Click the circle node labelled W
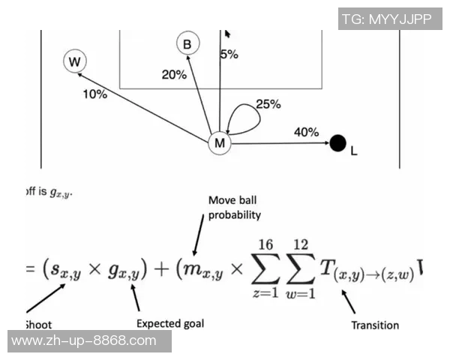point(73,61)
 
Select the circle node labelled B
point(187,44)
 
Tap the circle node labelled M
point(219,142)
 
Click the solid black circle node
point(337,142)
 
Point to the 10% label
point(94,94)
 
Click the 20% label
point(174,74)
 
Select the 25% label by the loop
point(268,104)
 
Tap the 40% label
point(306,132)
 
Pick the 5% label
point(229,54)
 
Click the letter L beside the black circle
point(354,151)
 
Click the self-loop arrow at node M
point(241,118)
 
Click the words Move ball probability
point(235,208)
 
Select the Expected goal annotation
point(170,324)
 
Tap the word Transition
point(375,325)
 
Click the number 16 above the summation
point(265,244)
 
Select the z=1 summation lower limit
point(265,295)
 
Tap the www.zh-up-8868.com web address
point(84,341)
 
